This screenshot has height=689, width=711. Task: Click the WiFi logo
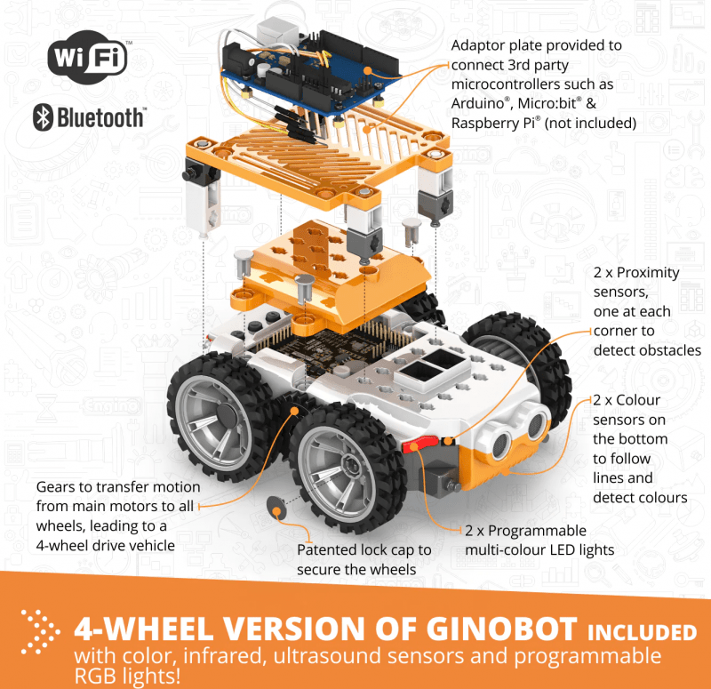click(87, 58)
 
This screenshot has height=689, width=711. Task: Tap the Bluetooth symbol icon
click(43, 117)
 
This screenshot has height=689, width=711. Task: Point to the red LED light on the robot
click(419, 444)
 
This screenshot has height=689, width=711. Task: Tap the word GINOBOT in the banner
click(502, 629)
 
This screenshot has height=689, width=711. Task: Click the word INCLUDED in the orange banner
click(642, 632)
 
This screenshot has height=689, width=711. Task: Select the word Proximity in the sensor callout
click(648, 273)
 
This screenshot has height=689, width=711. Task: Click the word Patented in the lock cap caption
click(326, 549)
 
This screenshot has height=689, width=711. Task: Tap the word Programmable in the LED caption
click(538, 531)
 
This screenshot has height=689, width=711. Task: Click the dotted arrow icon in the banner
click(40, 632)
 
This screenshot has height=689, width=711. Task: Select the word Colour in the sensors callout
click(638, 401)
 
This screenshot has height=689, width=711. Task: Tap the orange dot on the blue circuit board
click(368, 71)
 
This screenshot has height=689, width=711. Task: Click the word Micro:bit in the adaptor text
click(547, 104)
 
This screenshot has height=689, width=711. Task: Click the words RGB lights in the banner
click(127, 676)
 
